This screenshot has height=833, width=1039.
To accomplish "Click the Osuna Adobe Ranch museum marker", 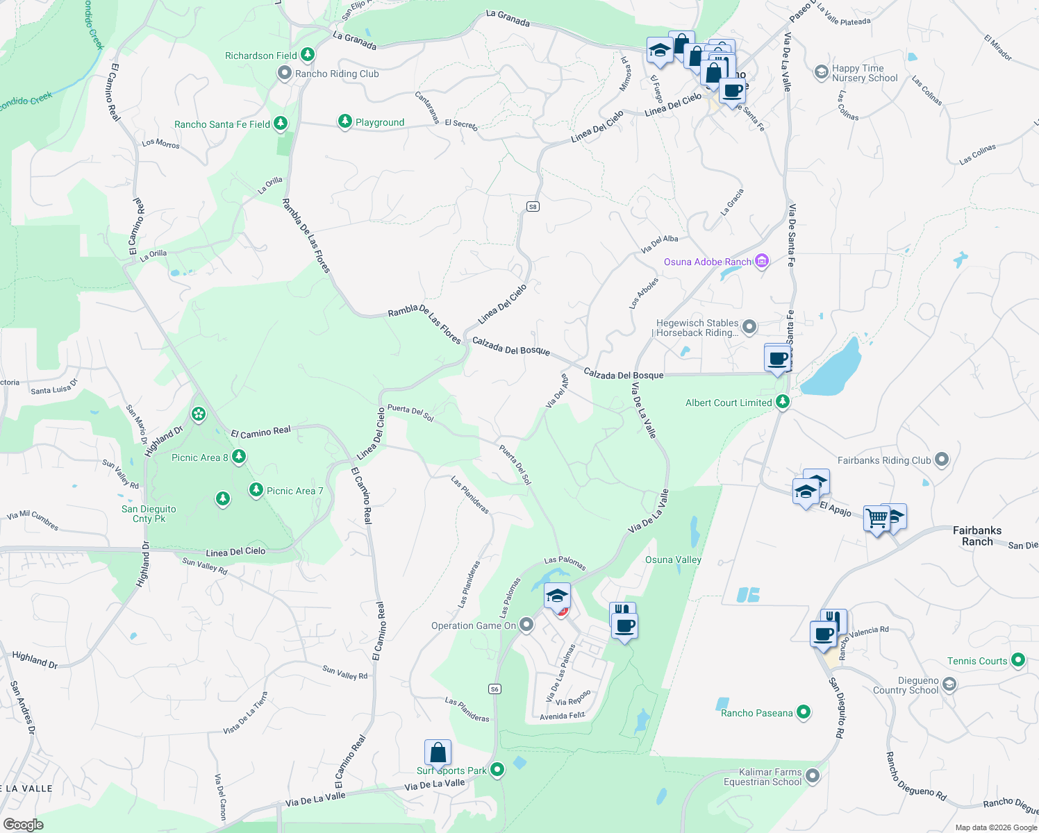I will [762, 262].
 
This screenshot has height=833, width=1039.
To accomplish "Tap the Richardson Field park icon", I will [307, 55].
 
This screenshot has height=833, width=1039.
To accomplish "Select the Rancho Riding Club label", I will [337, 74].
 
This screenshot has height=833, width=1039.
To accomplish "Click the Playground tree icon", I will [344, 121].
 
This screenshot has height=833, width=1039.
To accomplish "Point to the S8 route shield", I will [533, 206].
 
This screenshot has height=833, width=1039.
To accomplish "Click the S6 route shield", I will [494, 689].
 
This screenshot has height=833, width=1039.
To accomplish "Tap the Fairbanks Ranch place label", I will [976, 535].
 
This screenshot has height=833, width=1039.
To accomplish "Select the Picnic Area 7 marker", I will [256, 490].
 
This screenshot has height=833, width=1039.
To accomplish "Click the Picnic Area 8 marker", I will [239, 457].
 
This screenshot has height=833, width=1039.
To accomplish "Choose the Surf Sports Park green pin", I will [497, 770].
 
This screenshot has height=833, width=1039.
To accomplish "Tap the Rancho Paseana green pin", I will [804, 712].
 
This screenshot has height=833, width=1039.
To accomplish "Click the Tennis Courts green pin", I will [1017, 660].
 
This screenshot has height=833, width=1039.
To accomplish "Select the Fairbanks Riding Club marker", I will [942, 460].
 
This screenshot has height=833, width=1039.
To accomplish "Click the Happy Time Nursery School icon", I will [821, 71].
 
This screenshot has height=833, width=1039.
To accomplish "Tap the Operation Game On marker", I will [526, 625].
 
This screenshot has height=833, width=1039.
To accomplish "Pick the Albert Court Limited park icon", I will [783, 402].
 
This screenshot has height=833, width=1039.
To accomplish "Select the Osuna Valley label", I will [673, 559].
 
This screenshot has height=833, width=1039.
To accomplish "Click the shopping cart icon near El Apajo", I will [876, 518].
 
